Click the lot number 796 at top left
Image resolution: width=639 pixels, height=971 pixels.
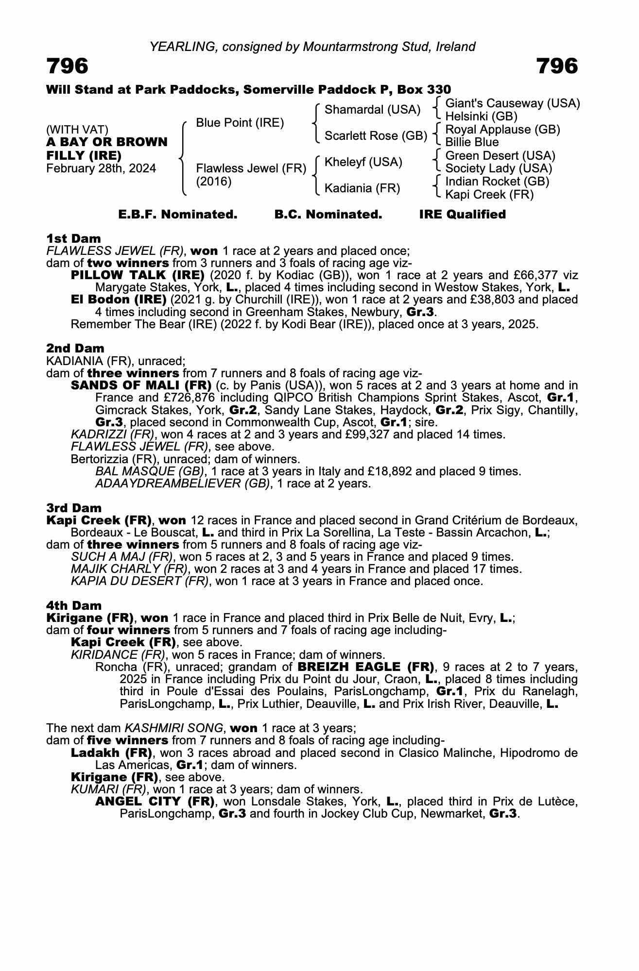68,66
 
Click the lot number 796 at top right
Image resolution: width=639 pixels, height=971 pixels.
557,66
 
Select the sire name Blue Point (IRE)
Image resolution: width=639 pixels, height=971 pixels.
240,123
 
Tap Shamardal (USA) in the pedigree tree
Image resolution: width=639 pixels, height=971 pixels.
372,110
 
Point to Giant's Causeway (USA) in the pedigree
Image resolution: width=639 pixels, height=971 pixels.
513,103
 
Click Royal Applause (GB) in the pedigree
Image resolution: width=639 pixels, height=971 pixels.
502,130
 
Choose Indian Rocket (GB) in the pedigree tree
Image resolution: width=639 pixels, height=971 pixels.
497,182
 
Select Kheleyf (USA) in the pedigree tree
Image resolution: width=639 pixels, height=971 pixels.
363,162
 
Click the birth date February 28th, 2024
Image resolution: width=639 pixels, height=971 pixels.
101,168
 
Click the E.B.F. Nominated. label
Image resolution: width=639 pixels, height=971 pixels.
178,215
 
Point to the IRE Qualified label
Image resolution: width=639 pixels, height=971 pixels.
462,215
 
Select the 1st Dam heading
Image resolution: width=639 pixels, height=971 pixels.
73,238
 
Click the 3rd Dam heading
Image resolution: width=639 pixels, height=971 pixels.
74,508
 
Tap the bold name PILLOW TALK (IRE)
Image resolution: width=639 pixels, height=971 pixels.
138,275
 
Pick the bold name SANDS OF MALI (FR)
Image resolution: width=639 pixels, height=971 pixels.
141,385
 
